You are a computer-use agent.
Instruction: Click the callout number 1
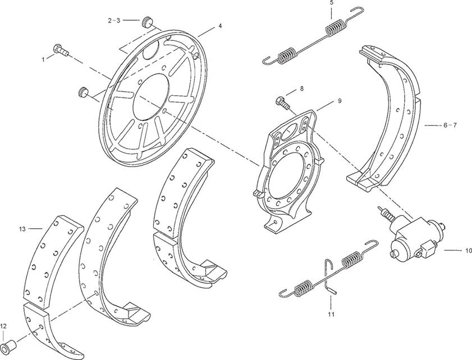(43, 59)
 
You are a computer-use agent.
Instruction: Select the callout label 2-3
(114, 20)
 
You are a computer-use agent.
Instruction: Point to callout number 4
(220, 26)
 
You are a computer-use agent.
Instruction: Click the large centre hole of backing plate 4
(150, 96)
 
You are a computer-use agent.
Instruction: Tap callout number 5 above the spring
(332, 3)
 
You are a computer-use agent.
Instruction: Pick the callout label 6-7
(450, 125)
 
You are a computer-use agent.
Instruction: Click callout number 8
(301, 89)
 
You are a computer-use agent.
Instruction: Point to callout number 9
(340, 101)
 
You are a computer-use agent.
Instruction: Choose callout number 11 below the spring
(331, 315)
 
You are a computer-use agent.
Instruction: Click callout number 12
(3, 326)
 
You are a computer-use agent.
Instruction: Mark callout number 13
(22, 229)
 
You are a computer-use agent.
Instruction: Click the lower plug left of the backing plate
(83, 92)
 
